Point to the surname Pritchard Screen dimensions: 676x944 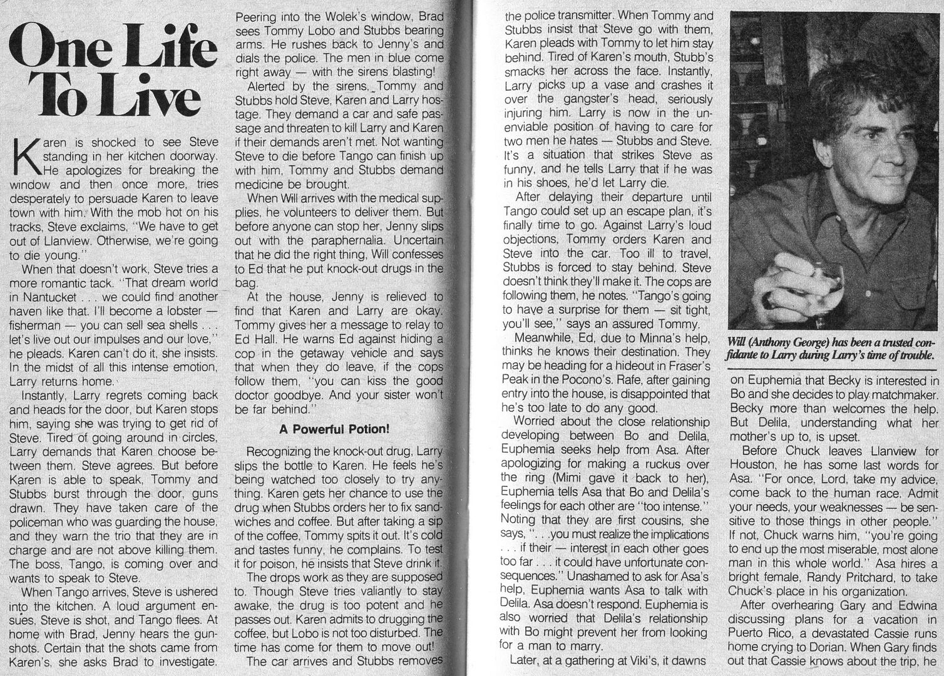[854, 576]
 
